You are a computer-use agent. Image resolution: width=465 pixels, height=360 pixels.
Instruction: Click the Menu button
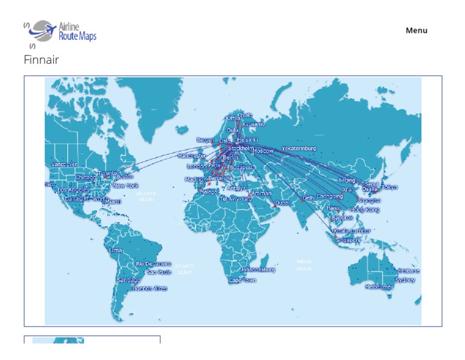click(416, 30)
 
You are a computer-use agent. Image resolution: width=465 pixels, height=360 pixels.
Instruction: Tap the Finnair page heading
click(41, 60)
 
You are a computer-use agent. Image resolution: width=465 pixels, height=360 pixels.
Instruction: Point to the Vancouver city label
click(64, 164)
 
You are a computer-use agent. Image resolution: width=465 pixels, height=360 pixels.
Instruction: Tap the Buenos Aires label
click(150, 288)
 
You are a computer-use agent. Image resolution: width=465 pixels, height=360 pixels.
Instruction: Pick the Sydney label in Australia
click(405, 280)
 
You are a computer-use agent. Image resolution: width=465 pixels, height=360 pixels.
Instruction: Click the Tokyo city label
click(390, 187)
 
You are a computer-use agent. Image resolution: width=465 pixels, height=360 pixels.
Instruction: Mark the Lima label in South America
click(115, 250)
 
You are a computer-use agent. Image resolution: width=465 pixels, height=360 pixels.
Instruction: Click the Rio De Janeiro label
click(153, 264)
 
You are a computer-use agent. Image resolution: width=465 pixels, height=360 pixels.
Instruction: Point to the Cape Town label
click(242, 281)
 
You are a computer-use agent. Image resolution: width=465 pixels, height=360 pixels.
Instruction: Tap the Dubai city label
click(282, 203)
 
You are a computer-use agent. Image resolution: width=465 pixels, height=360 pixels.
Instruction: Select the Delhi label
click(309, 198)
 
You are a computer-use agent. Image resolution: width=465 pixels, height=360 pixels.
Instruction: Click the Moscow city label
click(263, 151)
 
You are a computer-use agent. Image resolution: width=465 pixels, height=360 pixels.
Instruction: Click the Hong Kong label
click(365, 210)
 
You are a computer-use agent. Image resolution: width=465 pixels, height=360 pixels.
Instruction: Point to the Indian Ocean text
click(304, 265)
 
